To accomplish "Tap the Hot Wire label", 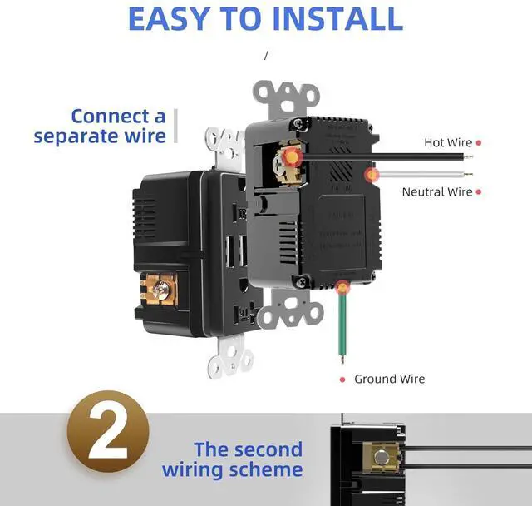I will pyautogui.click(x=448, y=142).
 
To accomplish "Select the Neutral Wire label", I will pyautogui.click(x=436, y=191).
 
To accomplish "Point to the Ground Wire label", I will pyautogui.click(x=389, y=379).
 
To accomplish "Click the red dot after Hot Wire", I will pyautogui.click(x=480, y=142).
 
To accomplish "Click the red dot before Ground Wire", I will pyautogui.click(x=342, y=379).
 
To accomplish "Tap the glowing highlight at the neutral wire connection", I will pyautogui.click(x=372, y=175).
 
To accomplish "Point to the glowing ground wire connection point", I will pyautogui.click(x=341, y=288).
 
